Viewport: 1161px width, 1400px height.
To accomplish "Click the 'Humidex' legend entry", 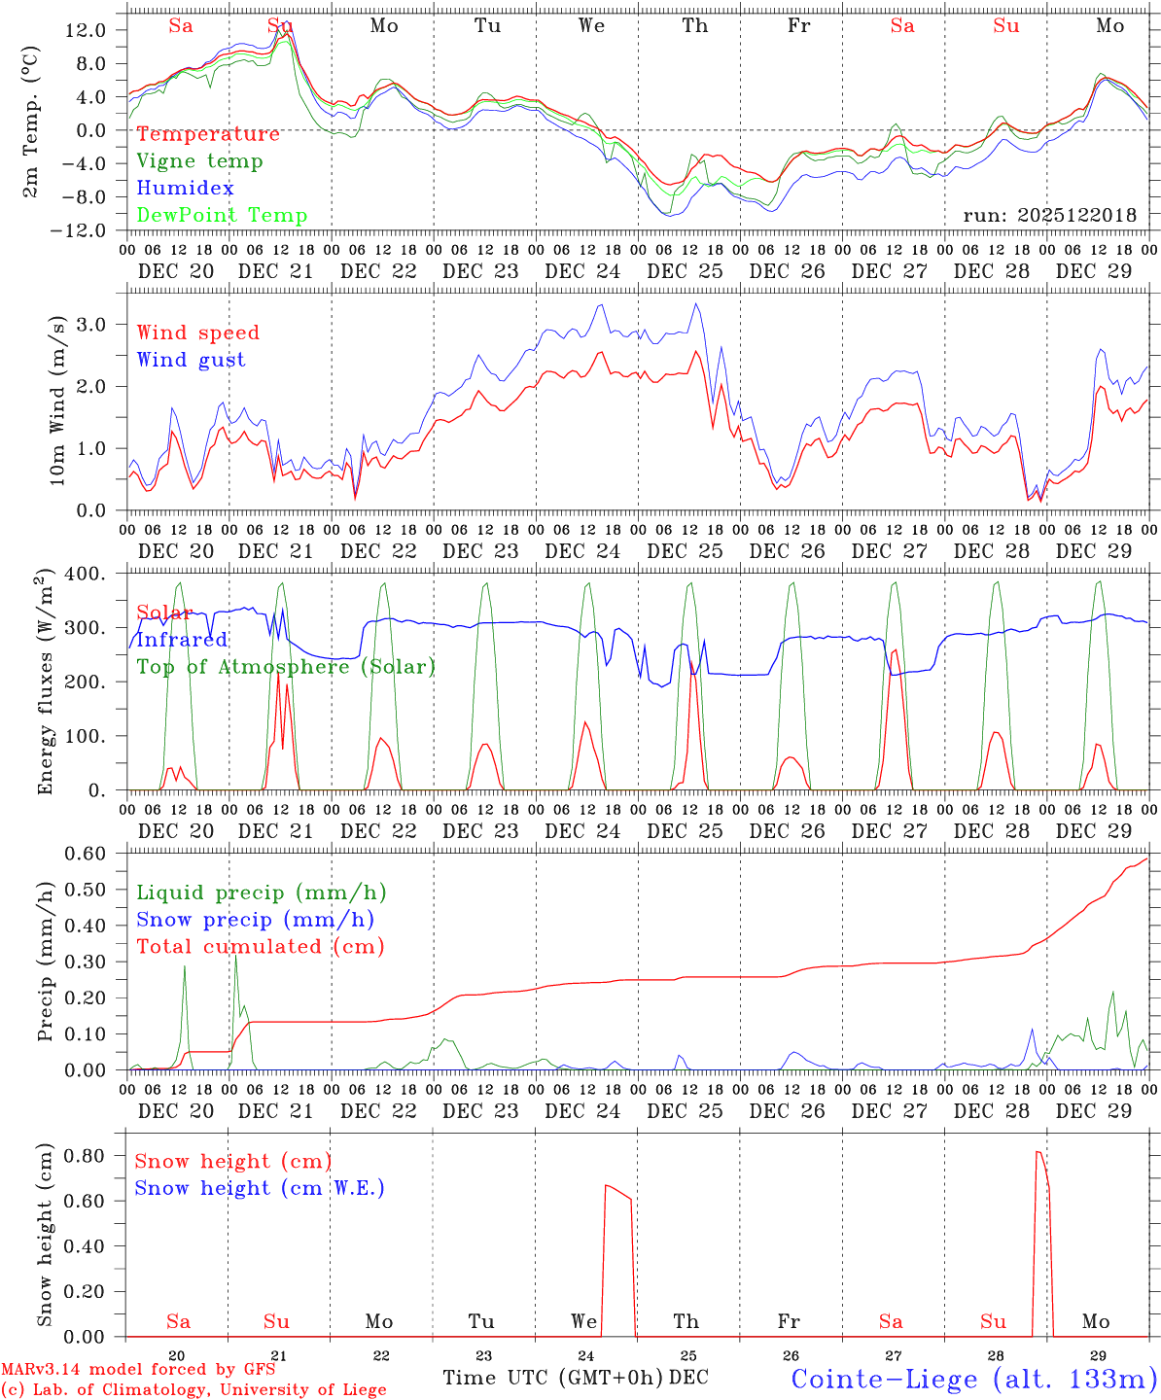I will (185, 189).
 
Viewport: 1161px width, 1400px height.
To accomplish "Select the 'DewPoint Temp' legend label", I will (222, 216).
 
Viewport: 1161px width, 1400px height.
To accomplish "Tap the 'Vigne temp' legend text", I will (199, 161).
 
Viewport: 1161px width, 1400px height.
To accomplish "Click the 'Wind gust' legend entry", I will (191, 360).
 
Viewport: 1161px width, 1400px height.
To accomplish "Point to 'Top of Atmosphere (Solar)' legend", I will (286, 667).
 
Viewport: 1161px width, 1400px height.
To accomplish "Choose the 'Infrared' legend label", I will (182, 640).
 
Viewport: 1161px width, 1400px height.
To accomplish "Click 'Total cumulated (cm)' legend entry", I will (261, 947).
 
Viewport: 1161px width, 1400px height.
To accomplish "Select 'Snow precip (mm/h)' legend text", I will (255, 920).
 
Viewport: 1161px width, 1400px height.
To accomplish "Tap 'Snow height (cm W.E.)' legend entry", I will (260, 1188).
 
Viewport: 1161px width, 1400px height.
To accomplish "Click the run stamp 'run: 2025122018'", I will (1049, 216).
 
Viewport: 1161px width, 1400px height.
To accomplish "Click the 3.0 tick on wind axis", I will (101, 324).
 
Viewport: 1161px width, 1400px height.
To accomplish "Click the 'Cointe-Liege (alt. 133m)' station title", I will (973, 1379).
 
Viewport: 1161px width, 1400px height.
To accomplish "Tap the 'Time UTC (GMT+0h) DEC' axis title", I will (576, 1378).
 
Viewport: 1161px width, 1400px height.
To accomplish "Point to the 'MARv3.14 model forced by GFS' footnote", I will (138, 1370).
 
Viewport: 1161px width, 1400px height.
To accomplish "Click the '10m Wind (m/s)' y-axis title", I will (58, 401).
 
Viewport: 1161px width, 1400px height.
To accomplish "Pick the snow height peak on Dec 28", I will (1038, 1152).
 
